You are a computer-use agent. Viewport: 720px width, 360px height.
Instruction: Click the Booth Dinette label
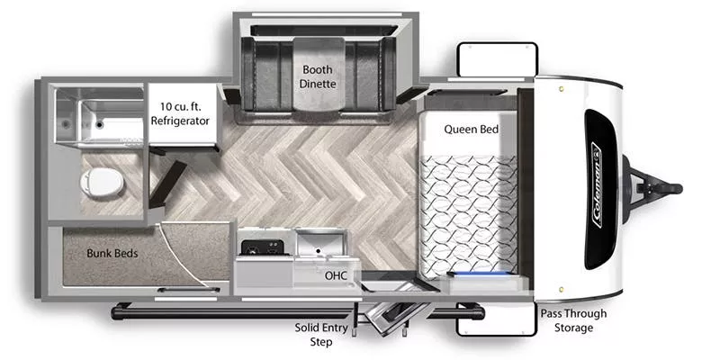click(318, 76)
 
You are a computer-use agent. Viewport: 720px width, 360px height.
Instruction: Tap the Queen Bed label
click(471, 130)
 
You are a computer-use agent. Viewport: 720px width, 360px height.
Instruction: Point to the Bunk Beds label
click(112, 253)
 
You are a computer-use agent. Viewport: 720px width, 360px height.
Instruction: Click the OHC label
click(336, 275)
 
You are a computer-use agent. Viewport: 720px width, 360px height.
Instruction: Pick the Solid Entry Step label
click(321, 334)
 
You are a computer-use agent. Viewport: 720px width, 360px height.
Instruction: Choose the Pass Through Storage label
click(572, 320)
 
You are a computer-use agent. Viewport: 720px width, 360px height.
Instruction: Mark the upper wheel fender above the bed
click(496, 61)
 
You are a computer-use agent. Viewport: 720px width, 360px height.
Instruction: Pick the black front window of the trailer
click(598, 189)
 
